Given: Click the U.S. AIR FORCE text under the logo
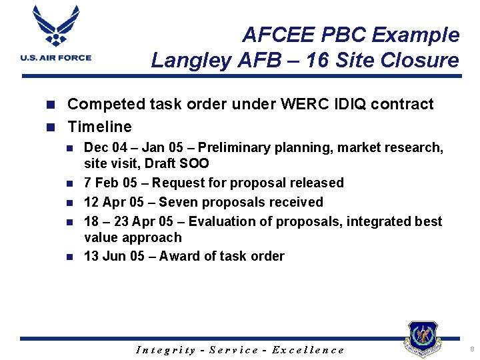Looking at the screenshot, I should pos(56,58).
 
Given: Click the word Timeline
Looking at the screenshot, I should pos(100,127).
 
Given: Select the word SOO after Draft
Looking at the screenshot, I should pos(193,163).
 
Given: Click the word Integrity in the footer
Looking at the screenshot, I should pos(166,350).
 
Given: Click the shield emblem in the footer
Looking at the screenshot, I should pos(422,339).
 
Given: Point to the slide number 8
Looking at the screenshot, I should pos(471,349).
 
